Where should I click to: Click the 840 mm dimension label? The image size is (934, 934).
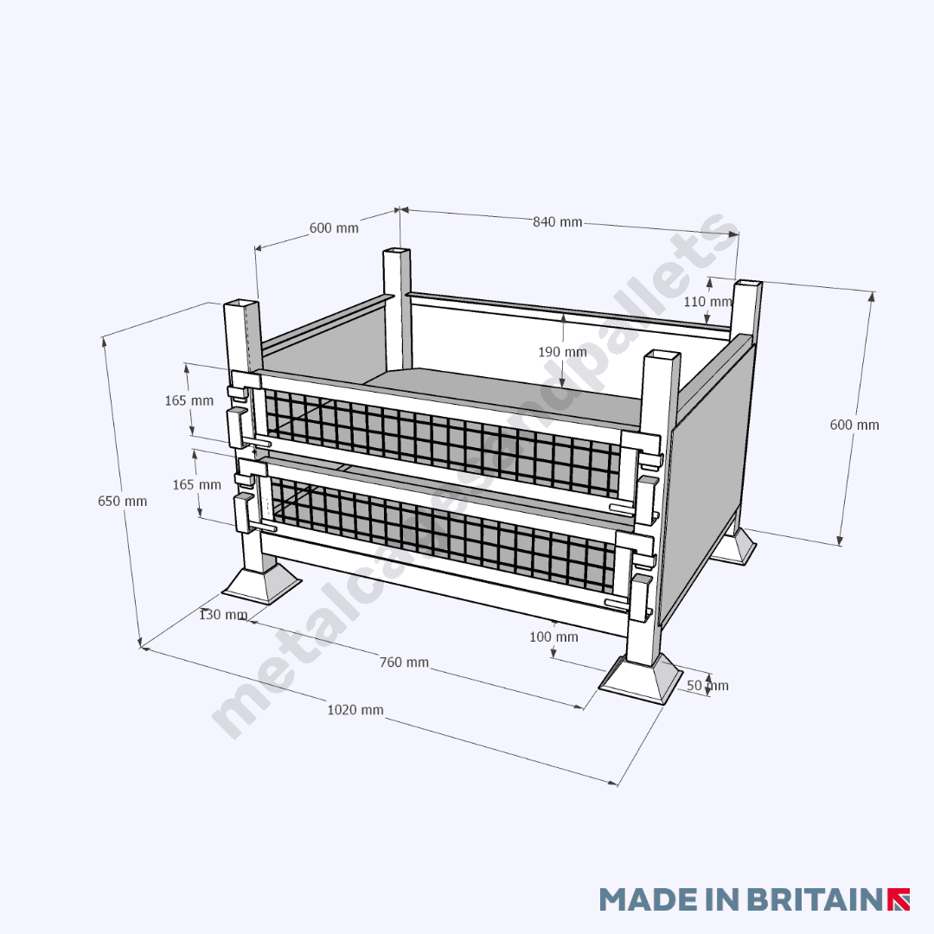pyautogui.click(x=557, y=222)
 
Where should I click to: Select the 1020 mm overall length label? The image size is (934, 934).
pyautogui.click(x=355, y=710)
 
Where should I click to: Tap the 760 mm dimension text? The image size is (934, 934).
pyautogui.click(x=404, y=662)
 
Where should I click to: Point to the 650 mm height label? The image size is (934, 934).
pyautogui.click(x=122, y=501)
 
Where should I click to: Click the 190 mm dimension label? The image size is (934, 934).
pyautogui.click(x=562, y=352)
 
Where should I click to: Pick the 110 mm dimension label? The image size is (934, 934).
pyautogui.click(x=707, y=302)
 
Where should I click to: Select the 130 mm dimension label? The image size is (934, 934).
pyautogui.click(x=223, y=615)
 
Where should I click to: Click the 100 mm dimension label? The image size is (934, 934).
pyautogui.click(x=553, y=637)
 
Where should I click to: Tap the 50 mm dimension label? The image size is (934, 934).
pyautogui.click(x=707, y=686)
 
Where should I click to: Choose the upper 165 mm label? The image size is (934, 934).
pyautogui.click(x=189, y=400)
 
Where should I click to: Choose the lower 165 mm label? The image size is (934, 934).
pyautogui.click(x=196, y=484)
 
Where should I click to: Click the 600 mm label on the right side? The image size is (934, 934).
pyautogui.click(x=854, y=425)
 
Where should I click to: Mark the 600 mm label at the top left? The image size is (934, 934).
pyautogui.click(x=334, y=228)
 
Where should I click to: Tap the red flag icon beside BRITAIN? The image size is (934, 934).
pyautogui.click(x=899, y=899)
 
